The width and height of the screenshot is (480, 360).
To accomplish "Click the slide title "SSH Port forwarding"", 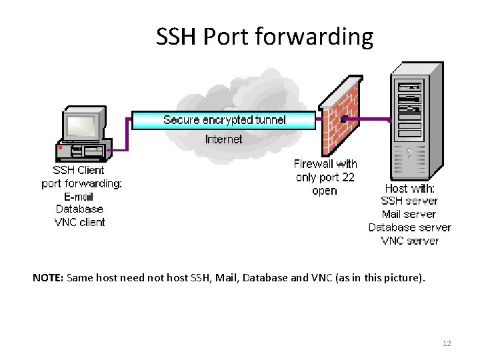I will pos(264,37).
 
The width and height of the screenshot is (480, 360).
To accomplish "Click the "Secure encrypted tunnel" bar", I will pos(224,120).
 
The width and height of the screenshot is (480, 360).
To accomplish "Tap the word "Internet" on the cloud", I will pos(224,139).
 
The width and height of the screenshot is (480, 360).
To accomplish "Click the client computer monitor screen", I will pos(81,125).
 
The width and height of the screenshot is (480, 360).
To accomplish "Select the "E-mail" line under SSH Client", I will pos(79,197).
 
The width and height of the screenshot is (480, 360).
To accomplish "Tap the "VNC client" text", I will pos(79,222).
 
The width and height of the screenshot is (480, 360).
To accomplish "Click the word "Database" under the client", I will pos(79,209).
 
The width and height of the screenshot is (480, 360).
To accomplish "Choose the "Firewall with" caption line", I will pos(325,164).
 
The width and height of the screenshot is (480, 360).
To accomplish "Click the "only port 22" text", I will pos(325,177).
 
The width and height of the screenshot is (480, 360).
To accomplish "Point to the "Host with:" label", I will pos(409,189).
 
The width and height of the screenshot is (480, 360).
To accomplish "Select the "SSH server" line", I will pos(409,201).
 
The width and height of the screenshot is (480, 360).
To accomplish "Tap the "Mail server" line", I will pos(409,215).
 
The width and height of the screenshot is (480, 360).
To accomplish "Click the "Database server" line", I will pos(409,227).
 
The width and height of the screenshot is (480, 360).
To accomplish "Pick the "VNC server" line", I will pos(409,241).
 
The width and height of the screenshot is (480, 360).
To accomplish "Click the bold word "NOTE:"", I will pos(47,277).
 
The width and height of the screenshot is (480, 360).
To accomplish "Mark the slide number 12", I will pos(447,343).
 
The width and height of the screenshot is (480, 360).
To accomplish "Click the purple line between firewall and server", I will pos(373,120).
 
